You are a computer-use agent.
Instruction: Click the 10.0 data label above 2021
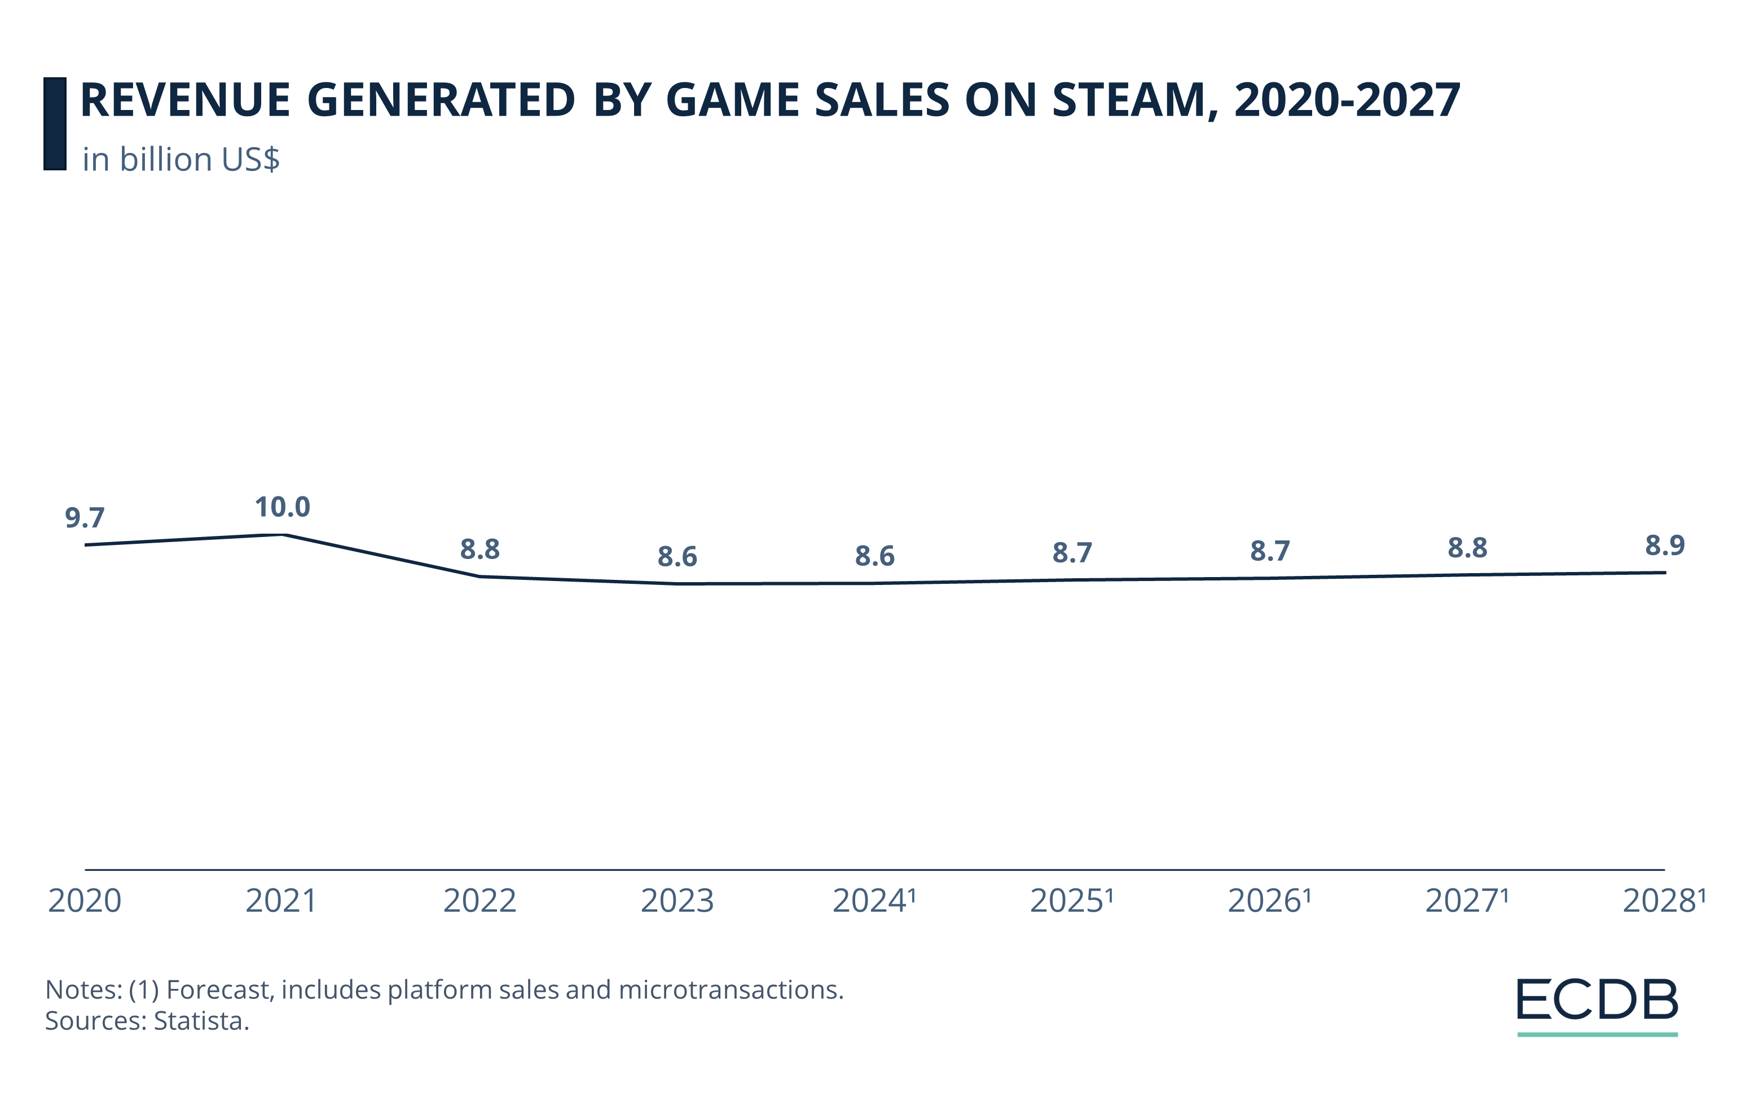coord(282,508)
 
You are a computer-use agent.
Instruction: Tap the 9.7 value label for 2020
coord(85,518)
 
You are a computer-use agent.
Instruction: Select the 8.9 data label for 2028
coord(1665,545)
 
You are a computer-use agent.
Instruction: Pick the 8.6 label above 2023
coord(677,557)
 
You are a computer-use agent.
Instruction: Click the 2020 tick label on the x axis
coord(85,901)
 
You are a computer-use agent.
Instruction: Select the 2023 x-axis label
coord(677,901)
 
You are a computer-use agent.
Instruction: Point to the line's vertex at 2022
coord(480,577)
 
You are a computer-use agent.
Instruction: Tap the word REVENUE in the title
coord(185,100)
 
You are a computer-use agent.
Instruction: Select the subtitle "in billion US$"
coord(181,160)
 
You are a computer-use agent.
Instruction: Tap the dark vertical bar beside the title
coord(55,124)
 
